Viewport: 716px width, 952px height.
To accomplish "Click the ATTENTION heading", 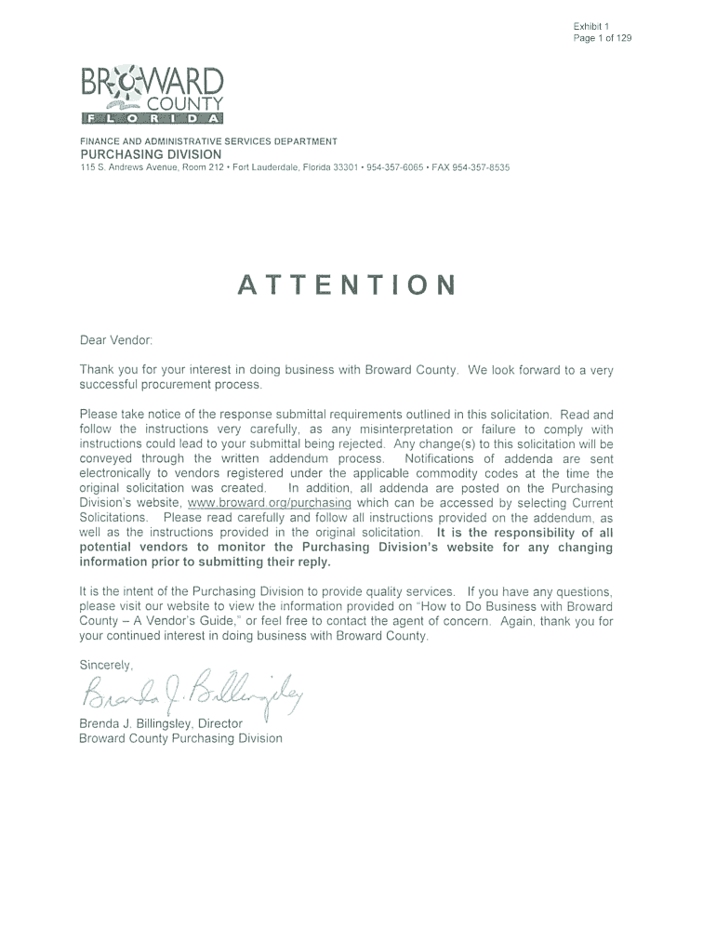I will (347, 284).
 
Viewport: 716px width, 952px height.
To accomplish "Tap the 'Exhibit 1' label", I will (590, 26).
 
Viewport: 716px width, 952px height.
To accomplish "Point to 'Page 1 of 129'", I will (603, 38).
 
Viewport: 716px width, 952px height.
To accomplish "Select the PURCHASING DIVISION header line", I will (151, 153).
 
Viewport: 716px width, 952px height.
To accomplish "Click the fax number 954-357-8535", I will (477, 167).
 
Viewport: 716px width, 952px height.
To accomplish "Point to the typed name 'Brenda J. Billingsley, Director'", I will (161, 723).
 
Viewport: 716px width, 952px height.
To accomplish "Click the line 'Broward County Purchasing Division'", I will (180, 738).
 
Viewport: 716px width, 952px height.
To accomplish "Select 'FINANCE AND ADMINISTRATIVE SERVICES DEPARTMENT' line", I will (208, 141).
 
